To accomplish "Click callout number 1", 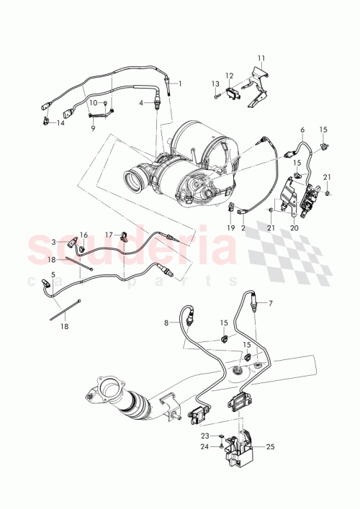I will (x=180, y=84).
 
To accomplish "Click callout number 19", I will (x=232, y=228).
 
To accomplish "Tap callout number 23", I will (x=204, y=436).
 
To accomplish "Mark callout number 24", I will (x=204, y=446).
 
